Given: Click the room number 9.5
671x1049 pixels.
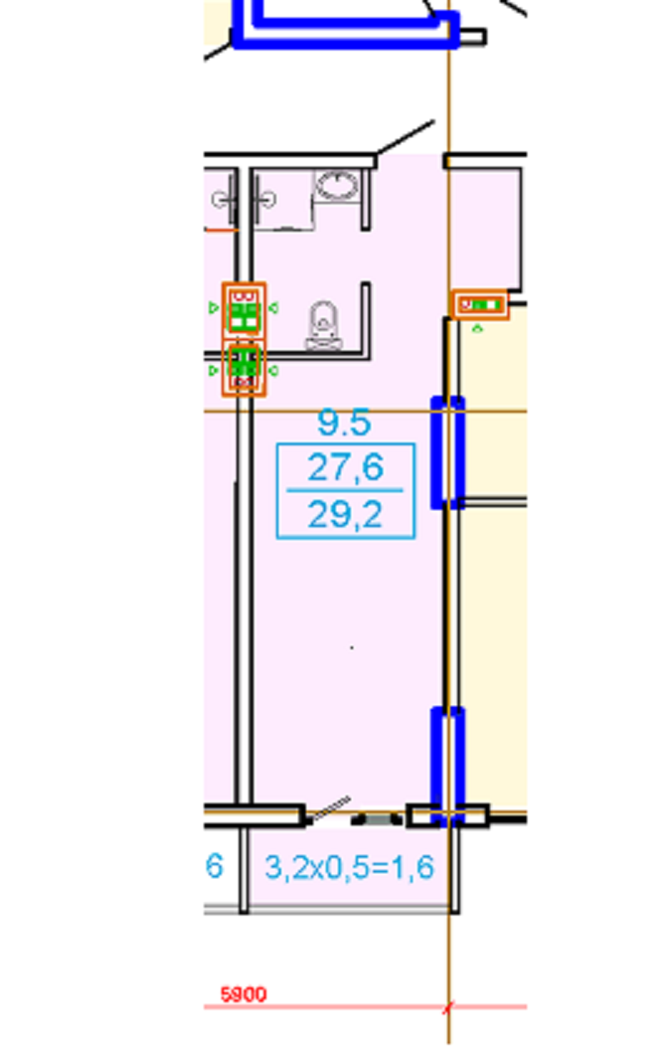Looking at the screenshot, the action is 344,423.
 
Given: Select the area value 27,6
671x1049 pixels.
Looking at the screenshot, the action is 345,467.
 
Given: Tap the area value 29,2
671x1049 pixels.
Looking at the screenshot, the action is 345,514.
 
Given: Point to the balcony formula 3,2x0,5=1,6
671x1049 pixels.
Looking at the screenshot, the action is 350,867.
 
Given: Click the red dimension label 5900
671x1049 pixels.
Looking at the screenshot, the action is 244,995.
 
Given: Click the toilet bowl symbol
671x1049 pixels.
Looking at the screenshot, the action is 324,325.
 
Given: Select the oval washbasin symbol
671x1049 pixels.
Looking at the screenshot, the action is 337,184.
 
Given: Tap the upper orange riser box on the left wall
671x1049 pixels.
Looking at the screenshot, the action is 245,310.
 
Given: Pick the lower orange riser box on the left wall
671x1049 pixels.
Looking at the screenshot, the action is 245,368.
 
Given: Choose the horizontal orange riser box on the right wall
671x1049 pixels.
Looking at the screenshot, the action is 480,305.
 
